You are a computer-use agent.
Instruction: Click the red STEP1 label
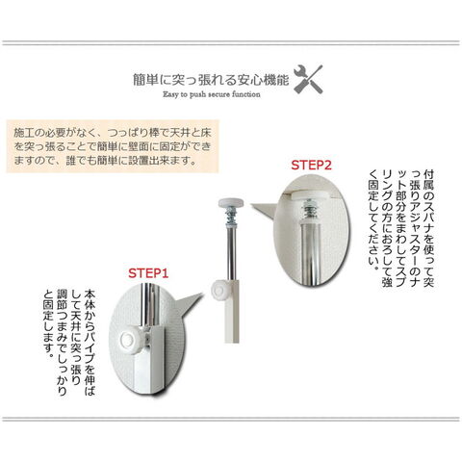pyautogui.click(x=148, y=273)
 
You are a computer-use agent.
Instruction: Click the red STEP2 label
pyautogui.click(x=311, y=165)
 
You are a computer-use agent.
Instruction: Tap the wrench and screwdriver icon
pyautogui.click(x=308, y=79)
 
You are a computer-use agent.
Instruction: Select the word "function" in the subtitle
pyautogui.click(x=246, y=94)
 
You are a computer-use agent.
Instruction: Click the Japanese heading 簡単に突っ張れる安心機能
pyautogui.click(x=211, y=80)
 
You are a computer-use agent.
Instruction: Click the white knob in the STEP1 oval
pyautogui.click(x=129, y=339)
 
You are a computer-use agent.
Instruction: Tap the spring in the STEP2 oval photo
pyautogui.click(x=310, y=210)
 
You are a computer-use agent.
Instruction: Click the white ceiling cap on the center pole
pyautogui.click(x=231, y=203)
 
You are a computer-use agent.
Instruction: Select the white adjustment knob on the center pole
pyautogui.click(x=219, y=290)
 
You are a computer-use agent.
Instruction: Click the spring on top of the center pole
pyautogui.click(x=231, y=216)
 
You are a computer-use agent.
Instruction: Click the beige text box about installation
pyautogui.click(x=113, y=146)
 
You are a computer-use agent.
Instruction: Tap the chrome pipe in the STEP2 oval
pyautogui.click(x=309, y=253)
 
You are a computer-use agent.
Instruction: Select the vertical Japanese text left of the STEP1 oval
pyautogui.click(x=69, y=343)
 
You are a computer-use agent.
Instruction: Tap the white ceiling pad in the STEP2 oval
pyautogui.click(x=311, y=193)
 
